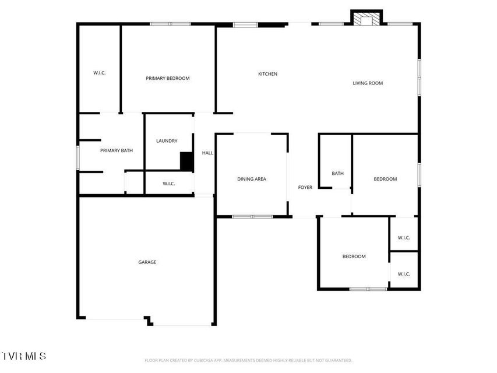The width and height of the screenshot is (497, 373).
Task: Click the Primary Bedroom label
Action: (168, 78)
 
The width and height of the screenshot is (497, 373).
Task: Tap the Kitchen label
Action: (268, 74)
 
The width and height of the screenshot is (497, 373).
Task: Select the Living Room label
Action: (368, 83)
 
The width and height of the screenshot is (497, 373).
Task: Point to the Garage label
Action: (147, 262)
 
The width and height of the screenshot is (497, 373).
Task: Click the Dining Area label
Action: (252, 179)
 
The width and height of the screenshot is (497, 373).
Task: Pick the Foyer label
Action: (305, 187)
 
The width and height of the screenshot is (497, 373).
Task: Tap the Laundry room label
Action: (167, 141)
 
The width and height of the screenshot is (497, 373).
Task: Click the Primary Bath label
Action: (117, 150)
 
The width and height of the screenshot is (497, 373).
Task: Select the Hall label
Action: (207, 153)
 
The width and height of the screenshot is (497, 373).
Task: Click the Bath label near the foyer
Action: (337, 173)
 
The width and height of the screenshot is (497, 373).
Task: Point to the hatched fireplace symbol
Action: (366, 19)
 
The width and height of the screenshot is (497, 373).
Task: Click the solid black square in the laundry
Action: (186, 161)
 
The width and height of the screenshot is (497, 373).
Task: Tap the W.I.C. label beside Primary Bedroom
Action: (100, 73)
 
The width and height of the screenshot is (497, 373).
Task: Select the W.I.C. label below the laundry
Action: (168, 184)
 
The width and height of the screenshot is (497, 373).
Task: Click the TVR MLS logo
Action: (23, 356)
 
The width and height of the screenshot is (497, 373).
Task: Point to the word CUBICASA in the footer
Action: (203, 360)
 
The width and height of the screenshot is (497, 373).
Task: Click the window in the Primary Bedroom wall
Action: (171, 24)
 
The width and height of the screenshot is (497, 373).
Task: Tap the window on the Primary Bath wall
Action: (78, 157)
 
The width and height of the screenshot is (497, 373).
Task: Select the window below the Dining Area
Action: (252, 217)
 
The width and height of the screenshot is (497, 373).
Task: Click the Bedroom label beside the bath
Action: (385, 179)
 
